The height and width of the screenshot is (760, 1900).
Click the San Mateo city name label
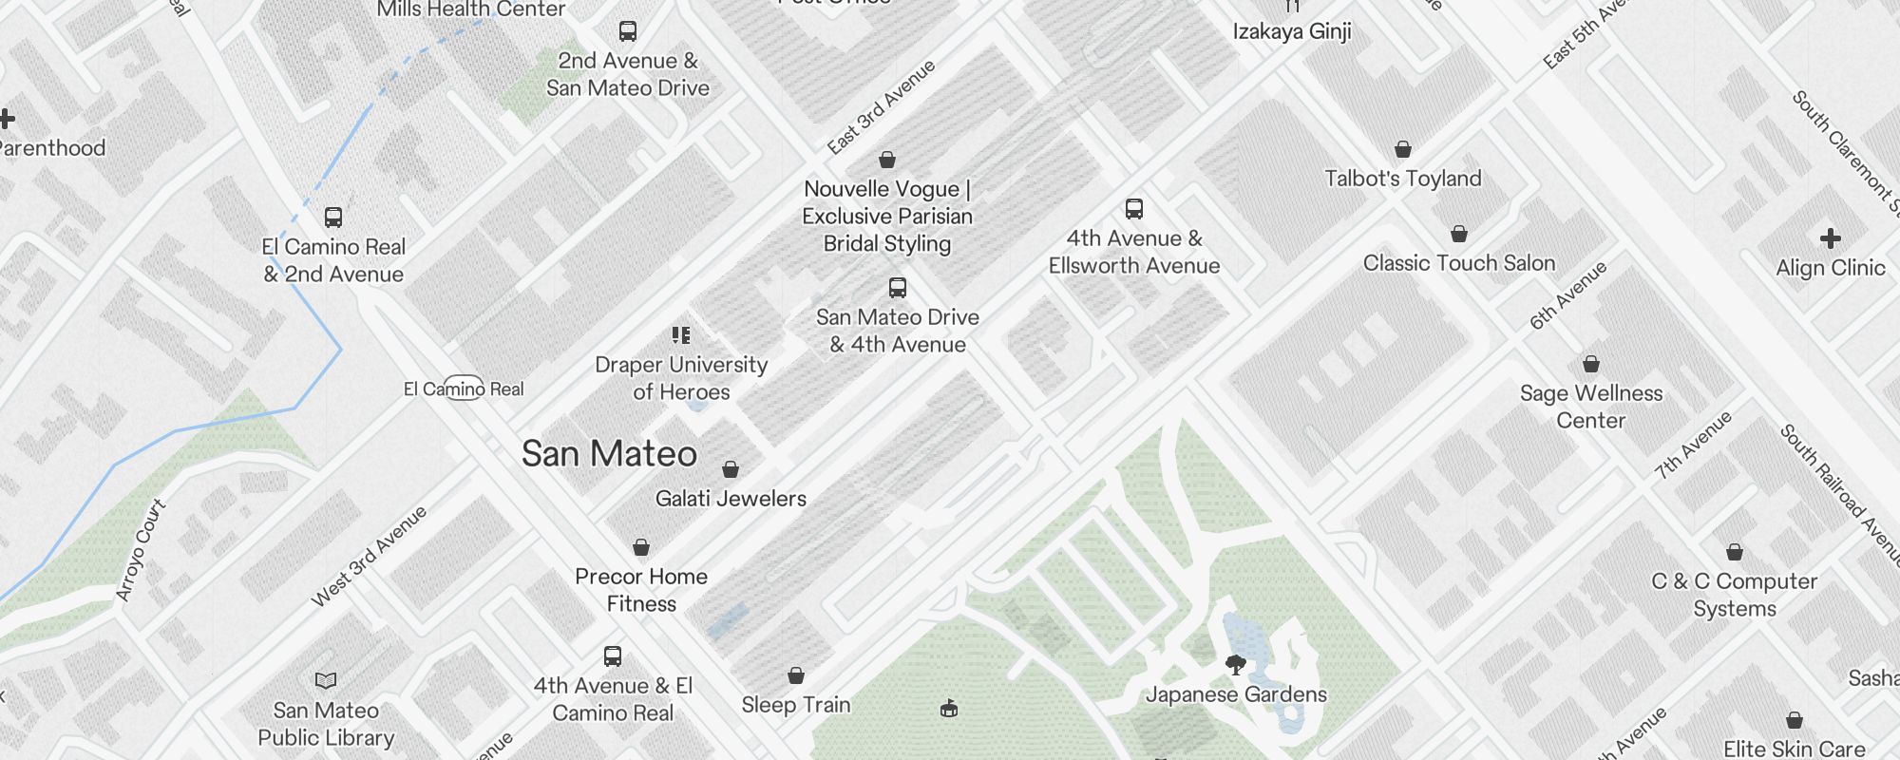click(x=609, y=454)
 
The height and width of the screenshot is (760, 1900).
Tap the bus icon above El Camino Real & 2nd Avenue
click(x=332, y=218)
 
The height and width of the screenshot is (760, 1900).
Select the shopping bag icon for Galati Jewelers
click(x=731, y=469)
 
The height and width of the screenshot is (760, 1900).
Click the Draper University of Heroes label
click(x=681, y=378)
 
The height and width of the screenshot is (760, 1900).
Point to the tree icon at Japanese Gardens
click(x=1235, y=665)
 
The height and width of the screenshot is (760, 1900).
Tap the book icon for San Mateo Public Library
click(x=326, y=680)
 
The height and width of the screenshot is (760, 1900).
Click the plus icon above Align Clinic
click(x=1830, y=238)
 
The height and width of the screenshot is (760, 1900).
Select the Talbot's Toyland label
click(x=1402, y=179)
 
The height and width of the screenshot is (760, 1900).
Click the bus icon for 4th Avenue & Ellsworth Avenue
click(x=1133, y=209)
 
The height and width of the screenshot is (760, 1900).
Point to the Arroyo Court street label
click(x=141, y=551)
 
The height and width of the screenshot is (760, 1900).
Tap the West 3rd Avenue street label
click(x=369, y=558)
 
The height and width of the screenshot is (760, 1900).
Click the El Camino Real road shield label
click(x=464, y=389)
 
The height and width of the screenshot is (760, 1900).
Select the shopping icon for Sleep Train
click(x=796, y=675)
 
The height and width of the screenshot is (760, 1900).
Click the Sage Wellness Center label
click(x=1590, y=407)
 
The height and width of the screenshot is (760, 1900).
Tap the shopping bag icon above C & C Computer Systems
click(x=1734, y=552)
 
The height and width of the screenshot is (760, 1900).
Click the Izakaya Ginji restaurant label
click(x=1291, y=31)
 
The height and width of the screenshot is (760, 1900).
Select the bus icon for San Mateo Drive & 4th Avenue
click(x=897, y=288)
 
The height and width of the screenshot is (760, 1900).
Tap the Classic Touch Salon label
click(x=1458, y=263)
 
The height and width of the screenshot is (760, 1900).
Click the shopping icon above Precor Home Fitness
click(x=641, y=547)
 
